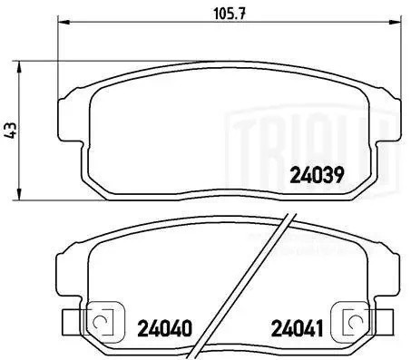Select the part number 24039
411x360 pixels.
pos(316,176)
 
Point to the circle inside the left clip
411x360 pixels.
pos(100,322)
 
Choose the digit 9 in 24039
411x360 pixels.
pos(337,176)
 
